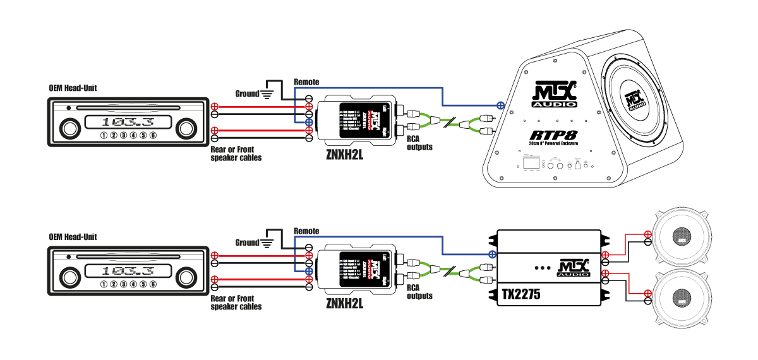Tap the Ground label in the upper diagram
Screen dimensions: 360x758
tap(247, 93)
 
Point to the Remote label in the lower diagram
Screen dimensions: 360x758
tap(306, 231)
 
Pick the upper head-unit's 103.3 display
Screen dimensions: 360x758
tap(128, 121)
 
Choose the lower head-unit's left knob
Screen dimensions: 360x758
tap(68, 277)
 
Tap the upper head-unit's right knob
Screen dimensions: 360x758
tap(185, 129)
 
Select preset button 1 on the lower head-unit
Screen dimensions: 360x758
tap(103, 284)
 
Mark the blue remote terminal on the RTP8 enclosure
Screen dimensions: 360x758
tap(500, 104)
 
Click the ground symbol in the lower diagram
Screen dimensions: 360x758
tap(268, 243)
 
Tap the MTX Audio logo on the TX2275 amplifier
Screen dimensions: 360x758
tap(573, 268)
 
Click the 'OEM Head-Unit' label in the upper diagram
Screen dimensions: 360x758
tap(73, 88)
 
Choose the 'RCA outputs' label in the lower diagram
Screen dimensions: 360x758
tap(420, 292)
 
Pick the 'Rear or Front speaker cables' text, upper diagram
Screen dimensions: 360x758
tap(236, 154)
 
